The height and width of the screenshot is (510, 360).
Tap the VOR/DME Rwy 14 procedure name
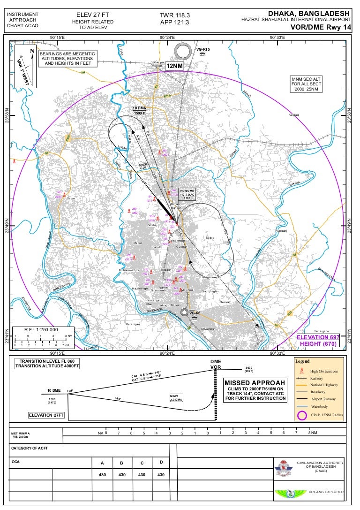pyautogui.click(x=321, y=27)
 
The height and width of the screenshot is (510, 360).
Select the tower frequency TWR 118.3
pyautogui.click(x=175, y=15)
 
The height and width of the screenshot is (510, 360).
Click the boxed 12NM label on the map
pyautogui.click(x=174, y=66)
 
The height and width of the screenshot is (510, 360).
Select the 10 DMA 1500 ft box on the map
pyautogui.click(x=140, y=111)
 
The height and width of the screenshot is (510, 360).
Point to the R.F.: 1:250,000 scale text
pyautogui.click(x=42, y=329)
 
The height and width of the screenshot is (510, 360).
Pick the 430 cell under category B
pyautogui.click(x=122, y=475)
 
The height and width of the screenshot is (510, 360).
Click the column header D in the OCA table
pyautogui.click(x=161, y=463)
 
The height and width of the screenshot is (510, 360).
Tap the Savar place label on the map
pyautogui.click(x=71, y=199)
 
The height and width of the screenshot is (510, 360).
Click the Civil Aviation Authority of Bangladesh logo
pyautogui.click(x=283, y=468)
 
